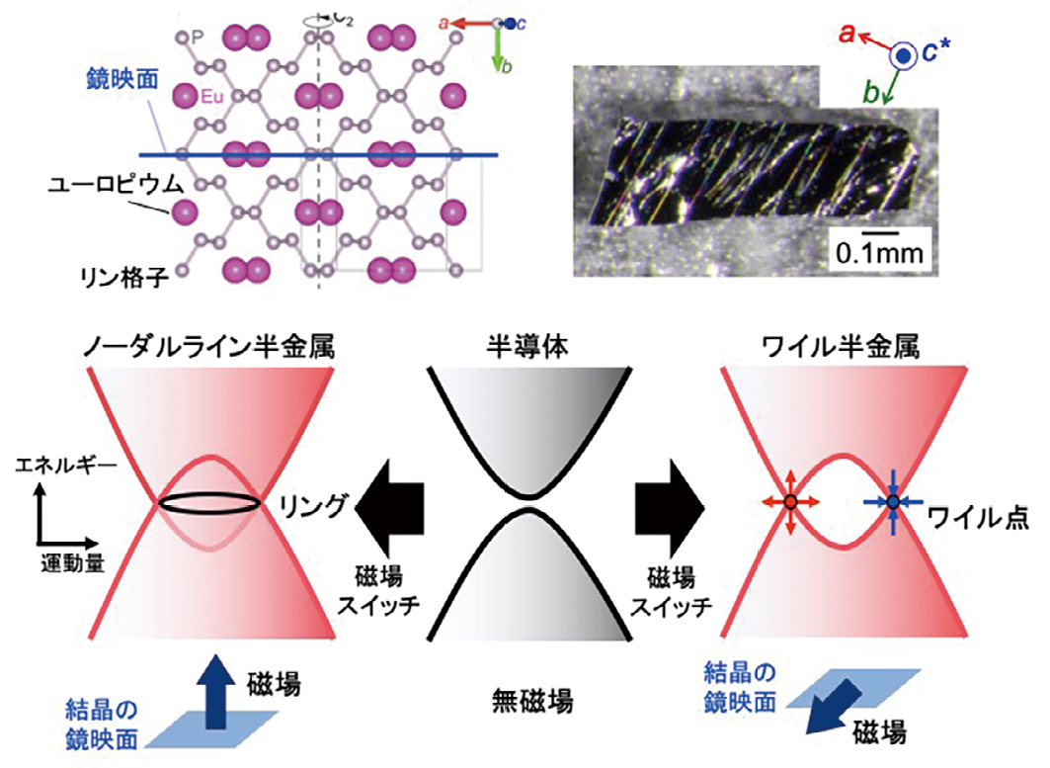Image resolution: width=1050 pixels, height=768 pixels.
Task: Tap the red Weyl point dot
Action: (790, 503)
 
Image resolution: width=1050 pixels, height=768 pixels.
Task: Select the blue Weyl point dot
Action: (893, 502)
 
